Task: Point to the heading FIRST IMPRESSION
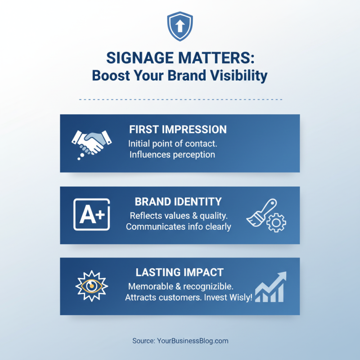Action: (x=178, y=130)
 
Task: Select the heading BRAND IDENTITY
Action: (x=178, y=201)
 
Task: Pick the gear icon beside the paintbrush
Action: (x=276, y=222)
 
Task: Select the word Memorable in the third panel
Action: (x=148, y=286)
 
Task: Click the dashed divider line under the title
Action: (x=180, y=99)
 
